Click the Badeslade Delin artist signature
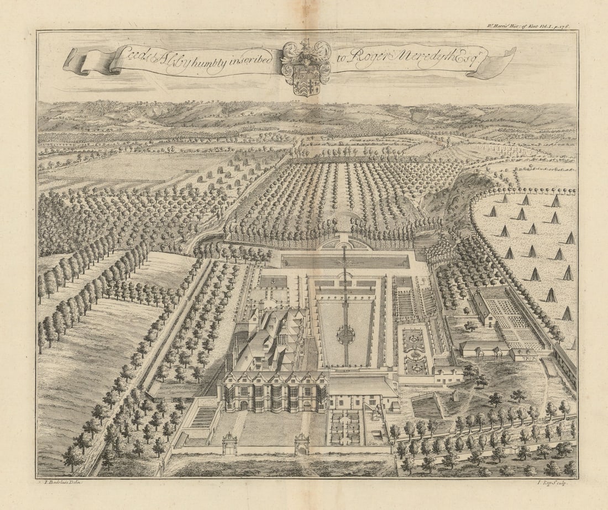click(x=62, y=482)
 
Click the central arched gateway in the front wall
click(x=302, y=444)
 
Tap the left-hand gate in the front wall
click(x=229, y=444)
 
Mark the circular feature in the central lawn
click(x=346, y=334)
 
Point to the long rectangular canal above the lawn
click(x=345, y=261)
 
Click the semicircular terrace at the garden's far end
click(x=346, y=243)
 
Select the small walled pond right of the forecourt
click(x=426, y=407)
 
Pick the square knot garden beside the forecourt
click(x=345, y=425)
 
